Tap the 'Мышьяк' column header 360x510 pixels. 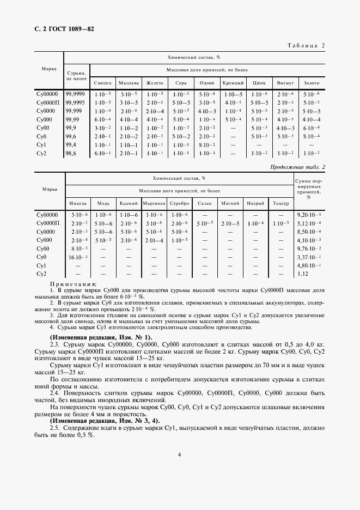click(x=128, y=83)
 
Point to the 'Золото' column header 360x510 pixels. click(x=312, y=83)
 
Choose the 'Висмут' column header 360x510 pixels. click(x=285, y=83)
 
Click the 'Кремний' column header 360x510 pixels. click(x=233, y=83)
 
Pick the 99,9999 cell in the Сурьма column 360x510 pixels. click(x=76, y=94)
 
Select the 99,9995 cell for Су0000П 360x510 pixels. click(x=76, y=102)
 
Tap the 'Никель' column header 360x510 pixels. click(x=78, y=203)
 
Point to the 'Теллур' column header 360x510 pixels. click(x=280, y=203)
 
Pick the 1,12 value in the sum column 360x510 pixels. click(x=303, y=274)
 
